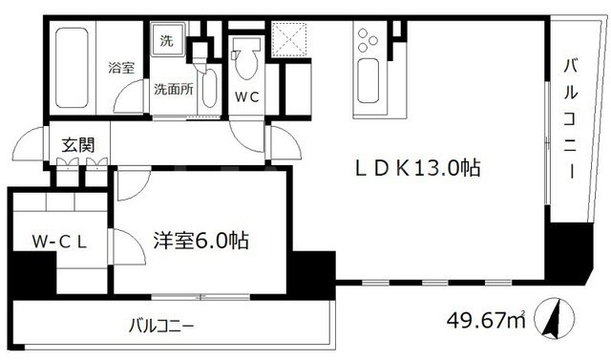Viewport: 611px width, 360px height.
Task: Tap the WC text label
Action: tap(247, 96)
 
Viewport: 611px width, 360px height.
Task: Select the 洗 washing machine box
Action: tap(166, 42)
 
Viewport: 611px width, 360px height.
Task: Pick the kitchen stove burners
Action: tap(369, 42)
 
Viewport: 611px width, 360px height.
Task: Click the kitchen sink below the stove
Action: tap(369, 84)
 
